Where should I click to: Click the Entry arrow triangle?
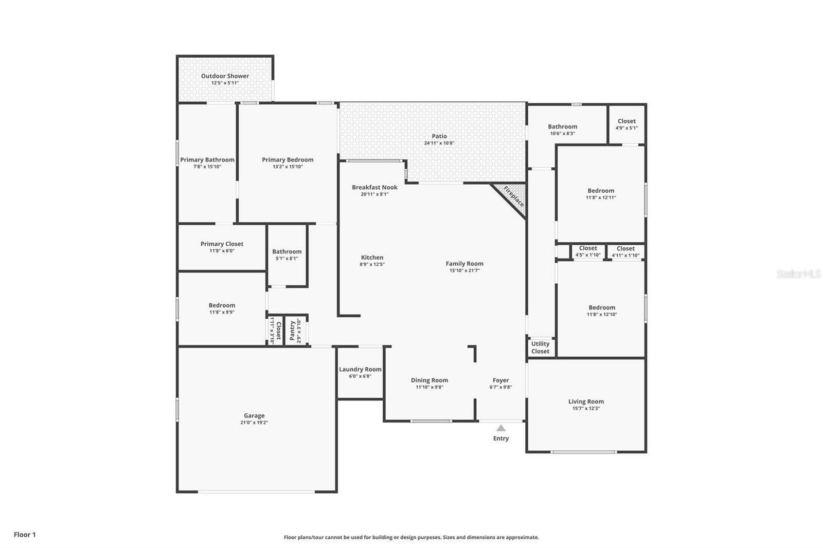(501, 428)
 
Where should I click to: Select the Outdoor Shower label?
(225, 76)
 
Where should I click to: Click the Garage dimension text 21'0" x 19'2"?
(254, 423)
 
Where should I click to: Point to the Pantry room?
(295, 330)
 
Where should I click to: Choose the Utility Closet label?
(540, 348)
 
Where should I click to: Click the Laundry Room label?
(360, 369)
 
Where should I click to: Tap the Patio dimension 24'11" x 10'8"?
(439, 143)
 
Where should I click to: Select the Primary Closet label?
(222, 244)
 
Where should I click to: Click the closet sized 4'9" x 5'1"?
(627, 124)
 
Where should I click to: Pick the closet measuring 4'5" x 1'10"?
(588, 251)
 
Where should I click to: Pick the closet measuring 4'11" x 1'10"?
(625, 251)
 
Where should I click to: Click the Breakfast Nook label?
(374, 187)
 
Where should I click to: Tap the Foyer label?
(500, 380)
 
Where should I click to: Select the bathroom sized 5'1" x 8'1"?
(287, 255)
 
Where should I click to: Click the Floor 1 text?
(25, 535)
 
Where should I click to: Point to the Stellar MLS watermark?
(798, 275)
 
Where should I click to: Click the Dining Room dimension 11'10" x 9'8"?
(429, 387)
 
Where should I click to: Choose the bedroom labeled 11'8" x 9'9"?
(222, 308)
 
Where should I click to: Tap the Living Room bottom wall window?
(583, 452)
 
